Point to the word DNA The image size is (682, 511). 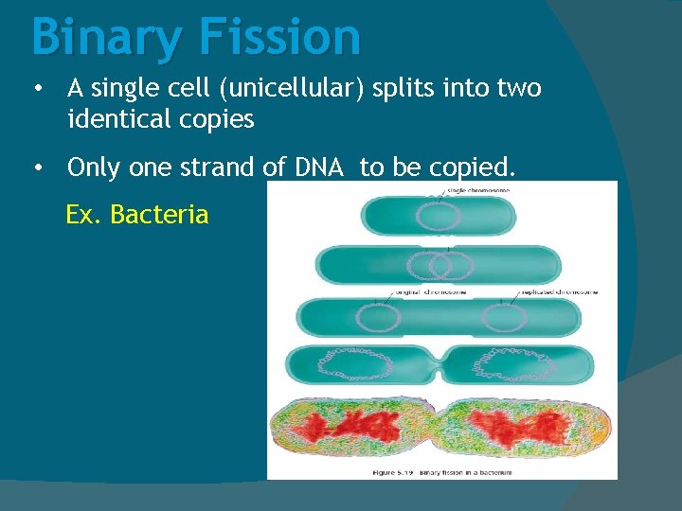(321, 167)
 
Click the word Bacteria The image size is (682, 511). (159, 215)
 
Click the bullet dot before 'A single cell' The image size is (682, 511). (36, 89)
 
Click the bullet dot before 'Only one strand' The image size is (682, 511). (36, 167)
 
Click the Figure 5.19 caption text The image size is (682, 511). (441, 471)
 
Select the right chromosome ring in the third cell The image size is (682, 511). (504, 317)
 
